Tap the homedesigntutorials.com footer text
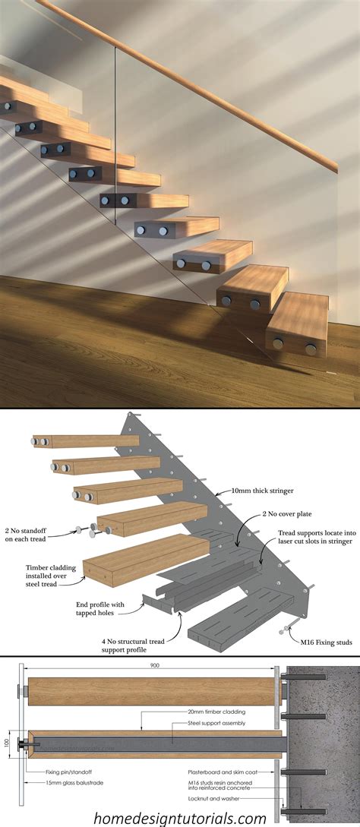pos(180,817)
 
